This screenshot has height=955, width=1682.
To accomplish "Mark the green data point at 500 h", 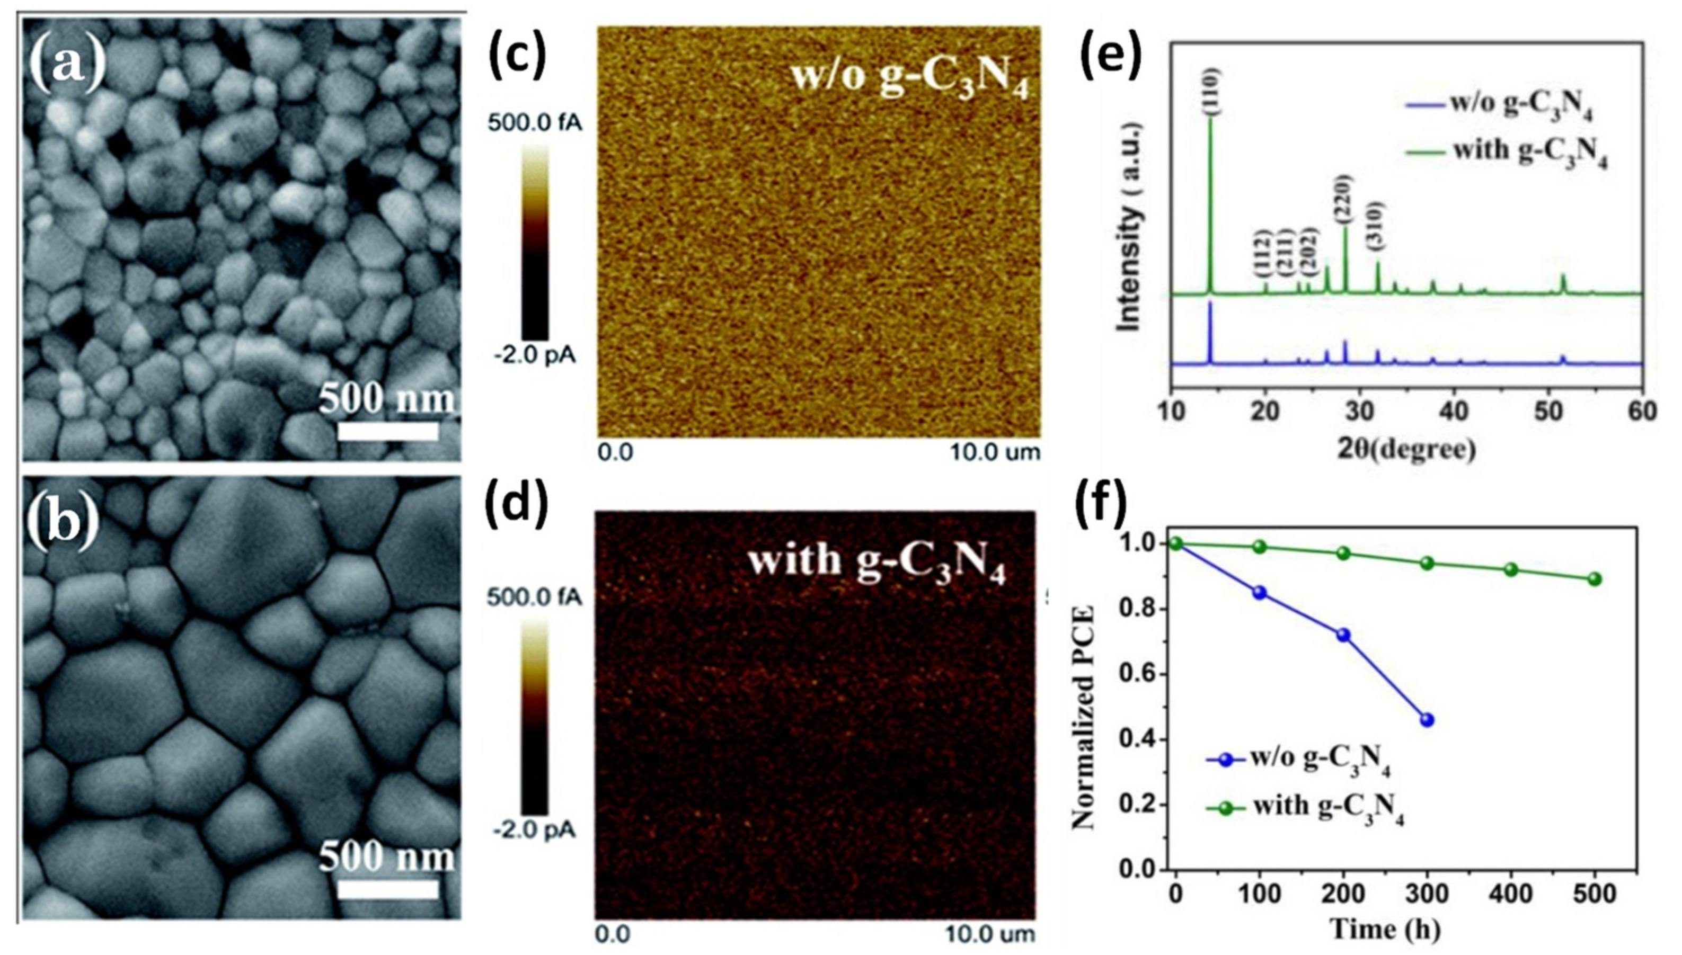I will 1595,579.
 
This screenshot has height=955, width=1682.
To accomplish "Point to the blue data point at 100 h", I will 1260,593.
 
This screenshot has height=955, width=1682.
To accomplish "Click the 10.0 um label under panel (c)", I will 996,452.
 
